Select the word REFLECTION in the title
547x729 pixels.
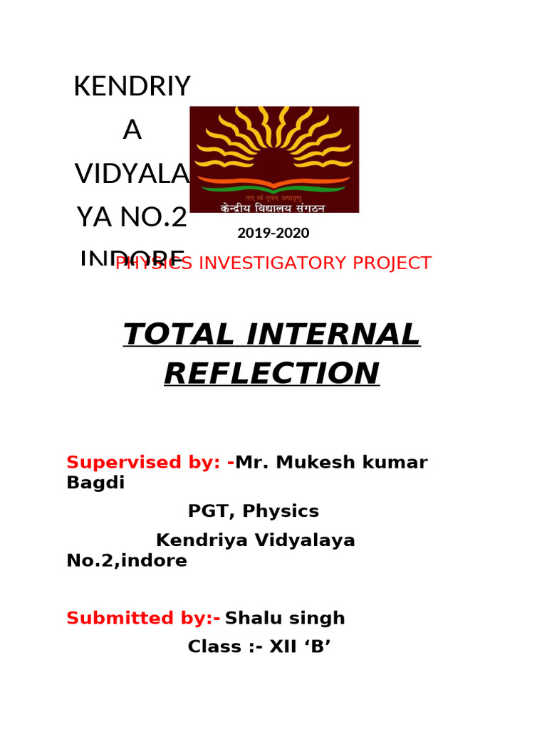pyautogui.click(x=272, y=373)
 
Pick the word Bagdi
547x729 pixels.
pyautogui.click(x=95, y=483)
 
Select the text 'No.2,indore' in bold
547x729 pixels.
pyautogui.click(x=127, y=561)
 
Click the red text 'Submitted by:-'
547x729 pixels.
pyautogui.click(x=143, y=618)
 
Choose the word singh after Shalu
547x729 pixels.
pyautogui.click(x=318, y=618)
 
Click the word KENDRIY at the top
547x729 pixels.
pyautogui.click(x=132, y=87)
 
